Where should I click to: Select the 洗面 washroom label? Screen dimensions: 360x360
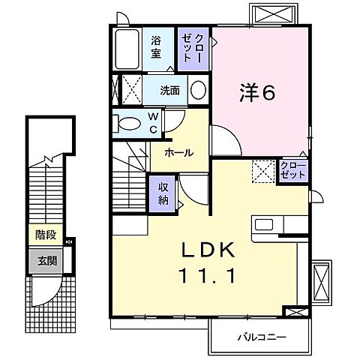[169, 91]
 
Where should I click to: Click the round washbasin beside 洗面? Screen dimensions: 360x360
[198, 91]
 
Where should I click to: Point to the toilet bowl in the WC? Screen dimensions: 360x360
[128, 122]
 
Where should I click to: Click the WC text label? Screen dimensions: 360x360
[152, 121]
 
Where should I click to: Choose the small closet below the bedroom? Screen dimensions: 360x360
[292, 169]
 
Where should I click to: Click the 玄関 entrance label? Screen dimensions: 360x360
[46, 262]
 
